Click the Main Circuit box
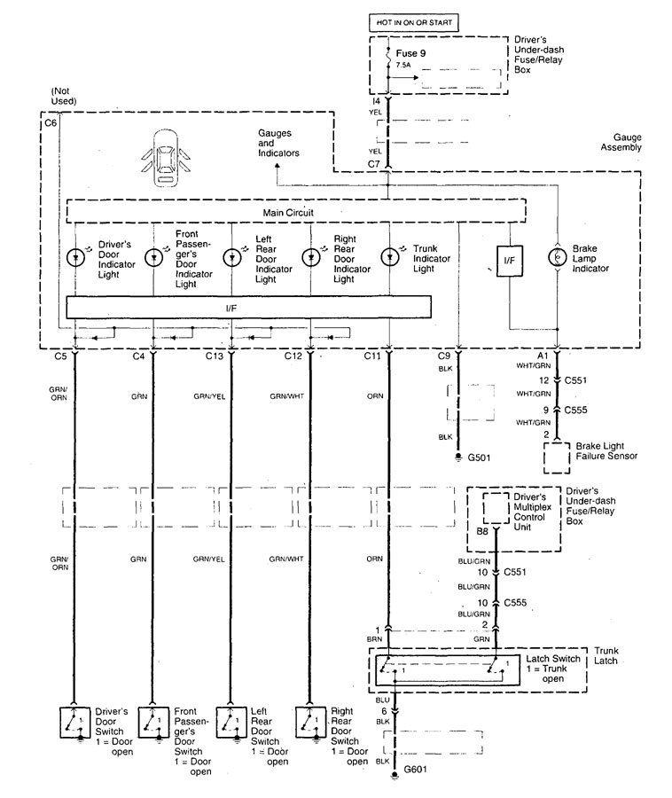pos(295,214)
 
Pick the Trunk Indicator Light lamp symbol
pos(390,256)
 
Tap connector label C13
pos(213,356)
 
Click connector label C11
pos(372,356)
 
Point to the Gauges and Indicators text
pos(278,143)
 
